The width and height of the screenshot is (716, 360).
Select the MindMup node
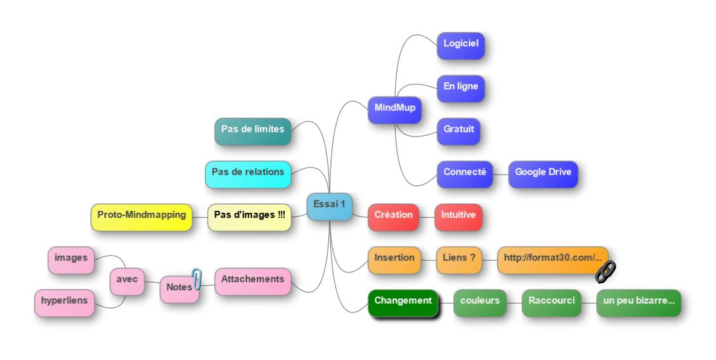[395, 109]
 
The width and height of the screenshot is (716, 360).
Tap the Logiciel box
[461, 44]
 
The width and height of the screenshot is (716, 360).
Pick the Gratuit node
[459, 130]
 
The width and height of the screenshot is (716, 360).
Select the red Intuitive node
[458, 216]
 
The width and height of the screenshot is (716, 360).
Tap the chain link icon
[605, 271]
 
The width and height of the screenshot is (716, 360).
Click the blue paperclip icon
[196, 278]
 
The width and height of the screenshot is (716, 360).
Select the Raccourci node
[551, 302]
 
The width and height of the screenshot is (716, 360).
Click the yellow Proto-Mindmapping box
[141, 216]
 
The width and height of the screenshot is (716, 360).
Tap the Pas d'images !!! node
[249, 216]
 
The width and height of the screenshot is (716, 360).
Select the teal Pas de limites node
[252, 130]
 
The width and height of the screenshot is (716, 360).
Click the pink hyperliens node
[64, 302]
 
